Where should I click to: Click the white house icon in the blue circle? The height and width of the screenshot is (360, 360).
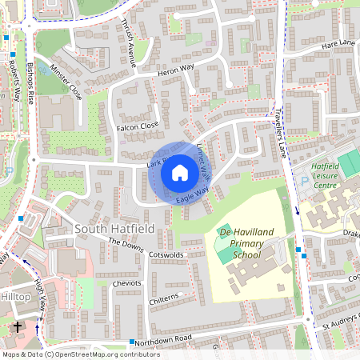(179, 172)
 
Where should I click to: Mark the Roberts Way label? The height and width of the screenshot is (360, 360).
(14, 78)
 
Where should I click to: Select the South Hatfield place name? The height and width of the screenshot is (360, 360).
(113, 229)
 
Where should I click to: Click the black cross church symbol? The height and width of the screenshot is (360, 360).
(18, 327)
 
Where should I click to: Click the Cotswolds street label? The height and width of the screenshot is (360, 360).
(166, 255)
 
